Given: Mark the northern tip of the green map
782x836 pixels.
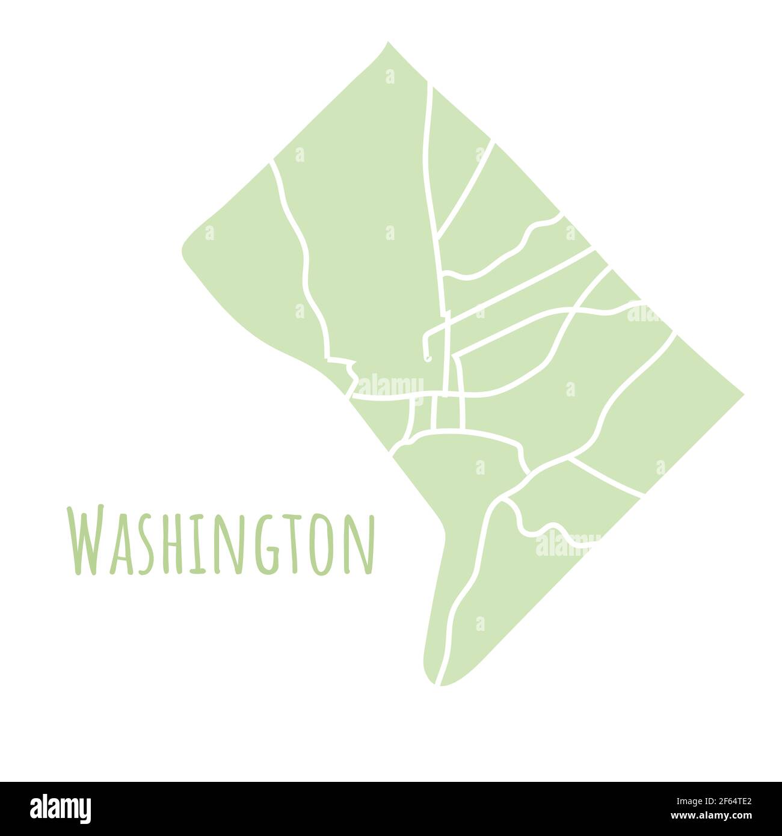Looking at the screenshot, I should point(387,43).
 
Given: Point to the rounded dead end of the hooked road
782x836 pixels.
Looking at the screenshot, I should point(427,358).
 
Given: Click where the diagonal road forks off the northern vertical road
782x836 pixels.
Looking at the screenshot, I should point(438,235).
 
